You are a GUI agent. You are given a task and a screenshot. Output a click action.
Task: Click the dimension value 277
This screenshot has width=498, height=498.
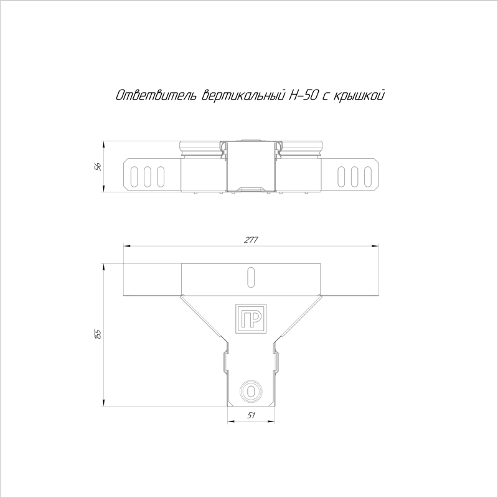pos(251,240)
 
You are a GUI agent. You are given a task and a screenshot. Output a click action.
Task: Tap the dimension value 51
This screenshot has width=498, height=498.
pos(251,415)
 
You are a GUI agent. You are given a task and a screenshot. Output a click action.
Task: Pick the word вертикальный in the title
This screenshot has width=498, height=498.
pos(243,95)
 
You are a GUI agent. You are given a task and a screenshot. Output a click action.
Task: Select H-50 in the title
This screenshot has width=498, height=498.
pos(303,95)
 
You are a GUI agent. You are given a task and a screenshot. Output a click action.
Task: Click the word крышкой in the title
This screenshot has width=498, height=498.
pos(359,95)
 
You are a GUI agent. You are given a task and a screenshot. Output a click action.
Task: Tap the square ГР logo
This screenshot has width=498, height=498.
pos(251,319)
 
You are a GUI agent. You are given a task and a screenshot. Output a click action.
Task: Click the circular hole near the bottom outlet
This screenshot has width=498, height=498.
pos(251,390)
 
